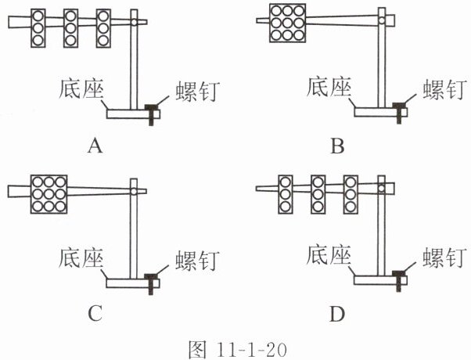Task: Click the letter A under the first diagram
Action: tap(95, 146)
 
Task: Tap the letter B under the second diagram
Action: tap(337, 146)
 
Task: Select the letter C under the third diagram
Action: tap(95, 313)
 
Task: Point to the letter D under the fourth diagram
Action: tap(337, 314)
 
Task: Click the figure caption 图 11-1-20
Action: tap(237, 350)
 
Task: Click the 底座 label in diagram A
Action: tap(81, 88)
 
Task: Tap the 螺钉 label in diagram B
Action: tap(445, 88)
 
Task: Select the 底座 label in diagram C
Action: tap(81, 257)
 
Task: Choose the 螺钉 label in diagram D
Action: tap(445, 257)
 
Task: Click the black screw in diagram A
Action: tap(152, 114)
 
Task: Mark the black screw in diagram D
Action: tap(398, 281)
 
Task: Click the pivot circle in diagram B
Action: tap(382, 20)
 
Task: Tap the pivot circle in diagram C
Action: tap(134, 191)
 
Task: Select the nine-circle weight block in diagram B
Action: tap(287, 23)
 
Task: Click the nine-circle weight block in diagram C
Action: tap(49, 194)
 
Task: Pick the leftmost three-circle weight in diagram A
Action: tap(38, 28)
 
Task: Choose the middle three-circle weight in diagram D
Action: tap(318, 194)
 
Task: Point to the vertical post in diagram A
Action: tap(134, 59)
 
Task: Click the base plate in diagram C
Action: tap(133, 283)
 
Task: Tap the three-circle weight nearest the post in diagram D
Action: tap(351, 194)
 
